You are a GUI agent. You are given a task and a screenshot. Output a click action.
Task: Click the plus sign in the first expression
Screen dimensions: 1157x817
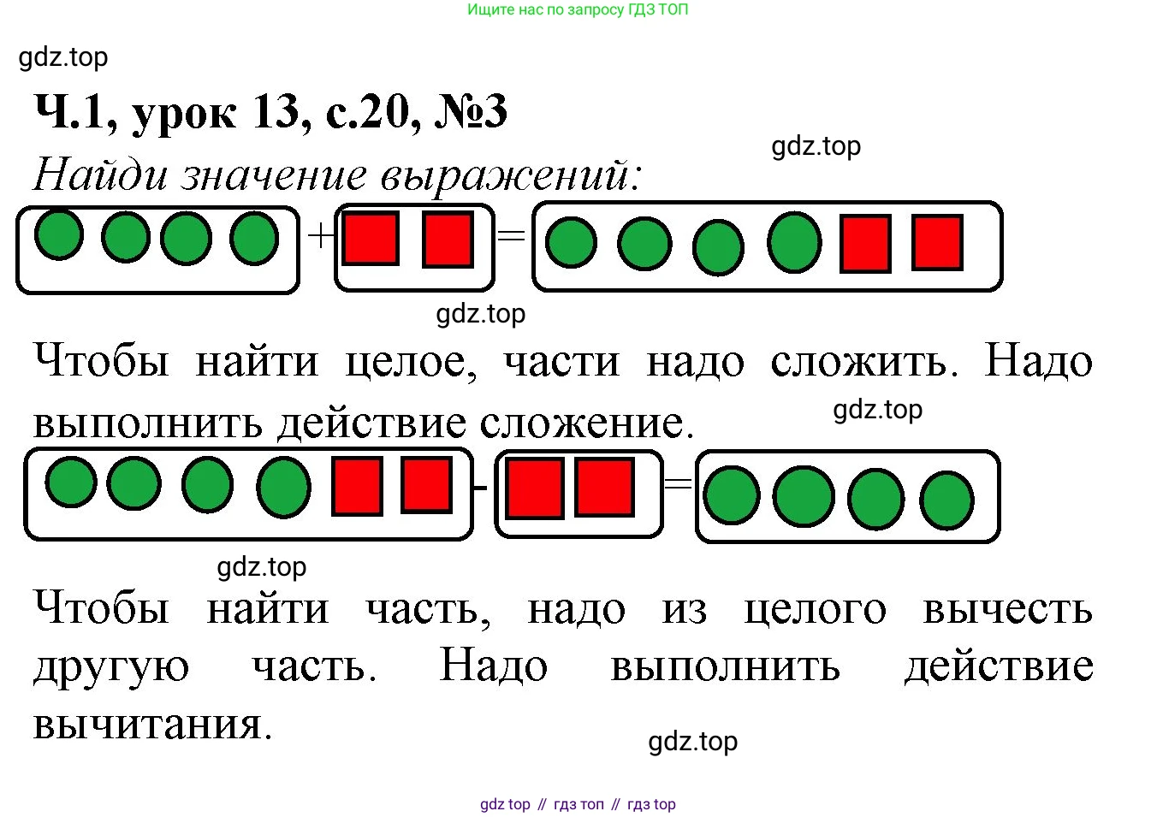321,235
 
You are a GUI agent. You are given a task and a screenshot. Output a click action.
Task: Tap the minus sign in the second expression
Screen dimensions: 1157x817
480,487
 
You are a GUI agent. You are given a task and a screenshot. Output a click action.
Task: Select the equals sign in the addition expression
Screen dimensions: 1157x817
511,236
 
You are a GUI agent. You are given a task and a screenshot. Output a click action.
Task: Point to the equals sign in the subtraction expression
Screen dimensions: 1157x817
678,483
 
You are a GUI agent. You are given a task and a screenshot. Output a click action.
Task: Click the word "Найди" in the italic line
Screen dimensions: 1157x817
100,175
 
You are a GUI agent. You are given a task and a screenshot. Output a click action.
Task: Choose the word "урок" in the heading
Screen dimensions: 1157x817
184,116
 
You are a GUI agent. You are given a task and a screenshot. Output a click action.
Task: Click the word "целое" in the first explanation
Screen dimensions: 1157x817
411,363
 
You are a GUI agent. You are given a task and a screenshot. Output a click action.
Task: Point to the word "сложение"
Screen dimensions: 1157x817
587,423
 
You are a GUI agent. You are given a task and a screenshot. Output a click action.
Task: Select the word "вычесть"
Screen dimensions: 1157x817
1008,609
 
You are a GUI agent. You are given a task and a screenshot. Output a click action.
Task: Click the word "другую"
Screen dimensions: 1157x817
111,669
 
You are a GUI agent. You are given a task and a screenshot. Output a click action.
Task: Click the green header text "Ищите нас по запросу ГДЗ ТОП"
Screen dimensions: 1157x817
578,9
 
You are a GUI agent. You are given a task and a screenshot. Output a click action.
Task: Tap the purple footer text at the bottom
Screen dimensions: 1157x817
578,804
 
